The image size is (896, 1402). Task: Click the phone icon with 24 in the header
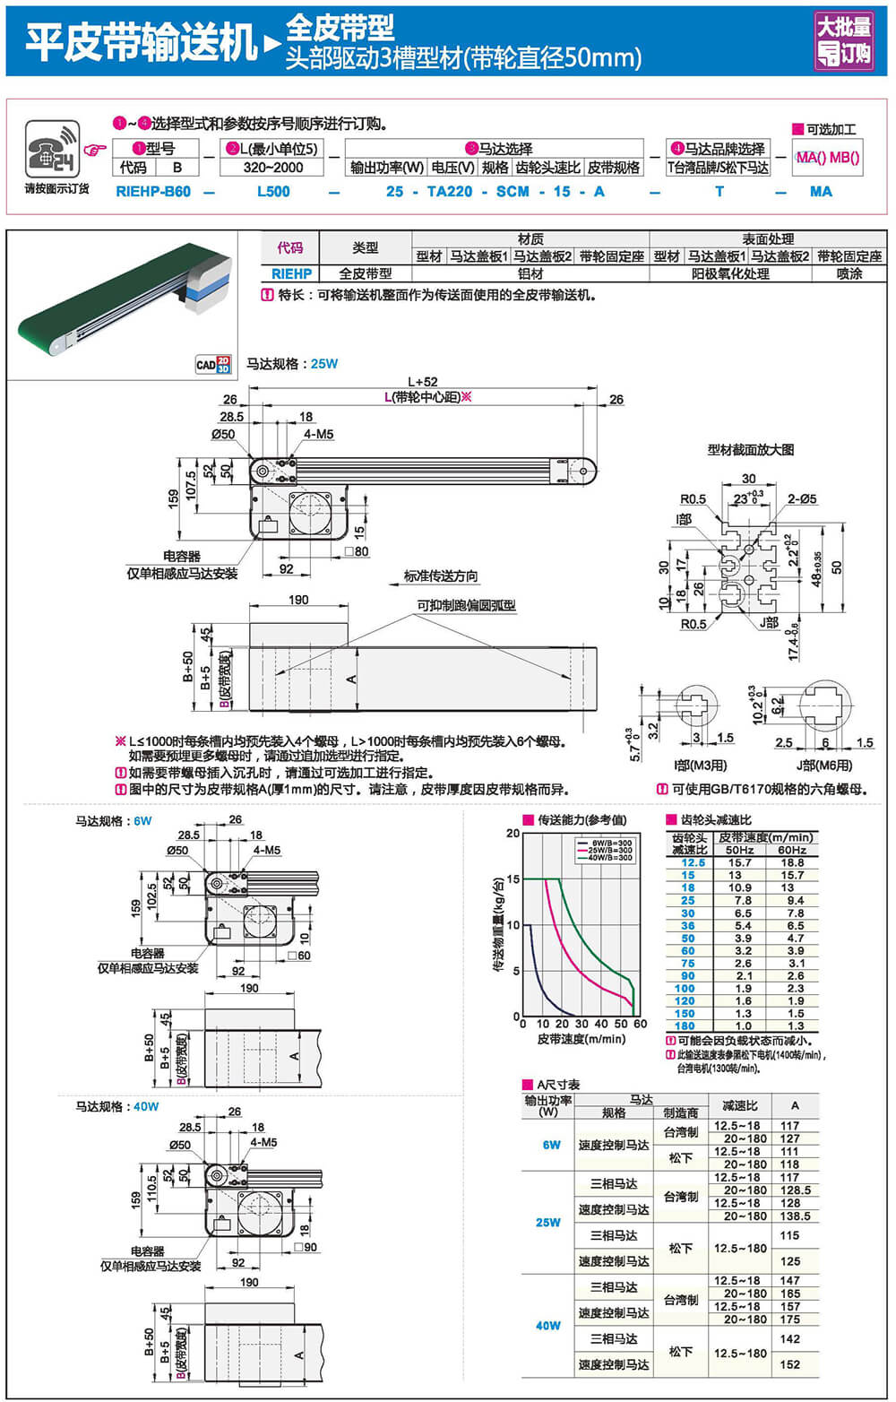click(52, 149)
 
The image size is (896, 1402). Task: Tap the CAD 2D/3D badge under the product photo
click(213, 364)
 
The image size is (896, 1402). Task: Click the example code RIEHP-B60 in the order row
click(153, 192)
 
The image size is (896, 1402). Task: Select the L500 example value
click(273, 192)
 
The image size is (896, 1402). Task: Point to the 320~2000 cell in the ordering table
click(273, 168)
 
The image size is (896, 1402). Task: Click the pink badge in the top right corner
click(843, 40)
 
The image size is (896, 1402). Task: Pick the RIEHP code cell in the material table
click(291, 274)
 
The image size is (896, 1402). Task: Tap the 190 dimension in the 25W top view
click(298, 600)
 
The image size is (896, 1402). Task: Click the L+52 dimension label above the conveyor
click(423, 382)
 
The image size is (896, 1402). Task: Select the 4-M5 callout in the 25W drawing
click(318, 435)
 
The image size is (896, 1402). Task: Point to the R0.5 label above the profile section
click(693, 499)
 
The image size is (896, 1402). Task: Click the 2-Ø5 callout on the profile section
click(802, 499)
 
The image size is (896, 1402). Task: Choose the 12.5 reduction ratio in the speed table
click(688, 862)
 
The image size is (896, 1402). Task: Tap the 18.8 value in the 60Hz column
click(792, 862)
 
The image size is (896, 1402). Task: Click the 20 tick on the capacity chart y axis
click(513, 834)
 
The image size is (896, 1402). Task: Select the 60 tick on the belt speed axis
click(640, 1024)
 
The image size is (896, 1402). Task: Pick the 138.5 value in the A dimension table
click(795, 1216)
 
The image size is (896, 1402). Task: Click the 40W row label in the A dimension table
click(548, 1326)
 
